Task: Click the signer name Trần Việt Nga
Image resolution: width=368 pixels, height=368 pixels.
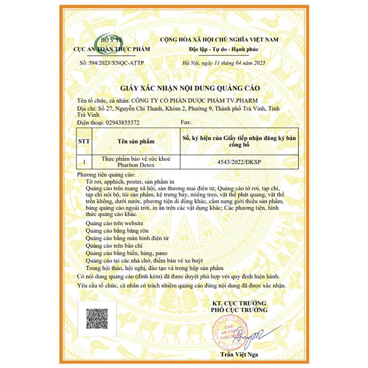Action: (x=239, y=355)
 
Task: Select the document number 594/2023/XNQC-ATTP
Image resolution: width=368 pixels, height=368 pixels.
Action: (x=111, y=63)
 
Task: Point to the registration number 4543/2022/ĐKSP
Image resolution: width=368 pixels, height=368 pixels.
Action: (x=239, y=162)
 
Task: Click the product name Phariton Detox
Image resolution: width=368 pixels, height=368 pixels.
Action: (x=136, y=165)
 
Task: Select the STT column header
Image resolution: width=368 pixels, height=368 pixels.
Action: (x=84, y=141)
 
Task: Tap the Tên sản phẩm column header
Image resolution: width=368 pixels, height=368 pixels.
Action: (x=136, y=141)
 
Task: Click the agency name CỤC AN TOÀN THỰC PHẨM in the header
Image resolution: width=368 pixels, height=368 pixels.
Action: (x=111, y=49)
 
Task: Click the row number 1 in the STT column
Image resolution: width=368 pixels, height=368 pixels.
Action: (x=84, y=162)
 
